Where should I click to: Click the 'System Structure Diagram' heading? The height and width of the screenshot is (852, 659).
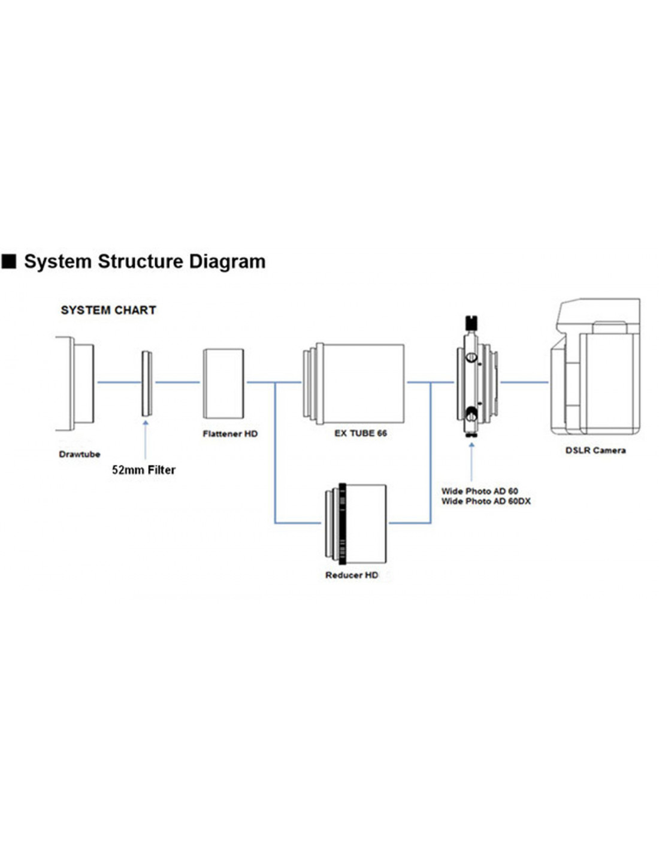point(144,261)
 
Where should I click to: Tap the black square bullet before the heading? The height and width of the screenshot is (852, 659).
point(9,261)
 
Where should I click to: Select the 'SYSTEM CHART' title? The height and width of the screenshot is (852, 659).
point(108,310)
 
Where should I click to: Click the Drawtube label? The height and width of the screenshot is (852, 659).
point(80,454)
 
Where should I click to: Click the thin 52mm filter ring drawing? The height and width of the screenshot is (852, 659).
point(146,383)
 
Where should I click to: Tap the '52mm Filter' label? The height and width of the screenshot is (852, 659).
point(144,470)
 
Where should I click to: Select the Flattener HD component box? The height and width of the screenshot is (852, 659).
point(223,383)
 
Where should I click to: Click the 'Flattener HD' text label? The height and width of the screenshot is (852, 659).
point(230,434)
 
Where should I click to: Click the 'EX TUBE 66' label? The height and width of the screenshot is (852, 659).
point(361,433)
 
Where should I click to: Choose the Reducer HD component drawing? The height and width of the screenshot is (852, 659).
point(356,524)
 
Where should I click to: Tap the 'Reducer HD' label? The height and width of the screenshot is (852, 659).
point(352,575)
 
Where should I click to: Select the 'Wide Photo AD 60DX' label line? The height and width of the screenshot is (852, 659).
point(486,501)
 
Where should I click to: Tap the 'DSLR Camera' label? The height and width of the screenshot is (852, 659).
point(595,451)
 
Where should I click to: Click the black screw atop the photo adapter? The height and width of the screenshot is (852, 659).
point(471,322)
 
